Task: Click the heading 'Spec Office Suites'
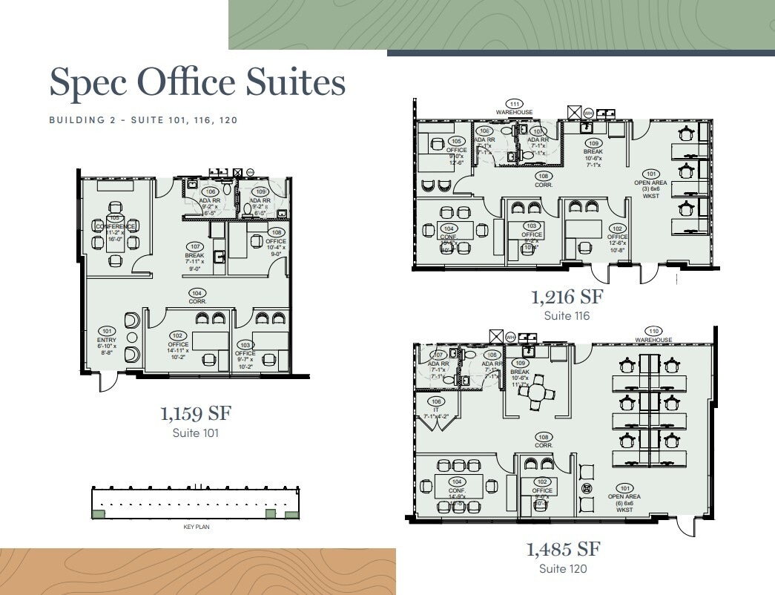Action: click(197, 83)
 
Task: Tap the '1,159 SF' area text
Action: click(195, 413)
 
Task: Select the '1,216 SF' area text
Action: click(567, 298)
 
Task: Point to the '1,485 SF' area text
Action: click(563, 550)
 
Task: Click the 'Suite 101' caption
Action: click(195, 433)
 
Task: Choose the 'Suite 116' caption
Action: click(567, 316)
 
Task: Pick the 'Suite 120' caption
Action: click(564, 569)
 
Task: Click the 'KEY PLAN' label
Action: click(197, 527)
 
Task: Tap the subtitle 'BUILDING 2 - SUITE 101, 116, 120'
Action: click(143, 119)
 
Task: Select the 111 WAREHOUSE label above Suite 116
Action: click(514, 108)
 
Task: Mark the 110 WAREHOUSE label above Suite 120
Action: click(653, 336)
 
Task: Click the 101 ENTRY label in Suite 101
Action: click(107, 341)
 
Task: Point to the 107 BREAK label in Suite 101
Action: click(195, 257)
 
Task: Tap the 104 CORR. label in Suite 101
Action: click(197, 297)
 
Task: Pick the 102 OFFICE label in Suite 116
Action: click(617, 237)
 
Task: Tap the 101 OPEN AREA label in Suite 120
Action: click(625, 498)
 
